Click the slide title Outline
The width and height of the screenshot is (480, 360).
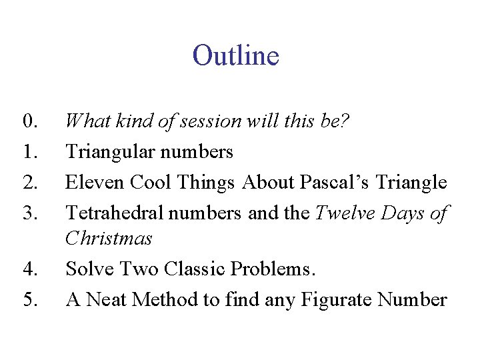[235, 55]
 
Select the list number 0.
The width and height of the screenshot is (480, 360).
[29, 122]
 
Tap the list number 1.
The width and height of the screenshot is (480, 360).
[29, 152]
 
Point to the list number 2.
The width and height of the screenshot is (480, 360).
[29, 182]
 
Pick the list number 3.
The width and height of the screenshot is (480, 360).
[29, 213]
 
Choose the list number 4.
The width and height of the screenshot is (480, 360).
[29, 269]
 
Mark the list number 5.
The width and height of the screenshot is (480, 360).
[29, 300]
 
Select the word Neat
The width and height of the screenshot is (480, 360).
[105, 300]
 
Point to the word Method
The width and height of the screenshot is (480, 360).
[165, 300]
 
